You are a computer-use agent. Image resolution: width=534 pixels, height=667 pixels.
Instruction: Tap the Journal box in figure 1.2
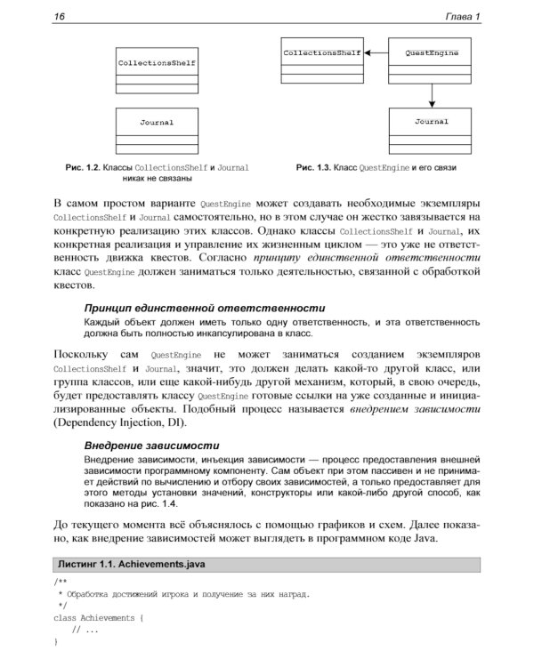pos(157,131)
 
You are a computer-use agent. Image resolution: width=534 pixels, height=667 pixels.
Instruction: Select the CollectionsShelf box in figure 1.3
pos(321,62)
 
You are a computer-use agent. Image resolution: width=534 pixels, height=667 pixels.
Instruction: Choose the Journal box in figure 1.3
pos(432,130)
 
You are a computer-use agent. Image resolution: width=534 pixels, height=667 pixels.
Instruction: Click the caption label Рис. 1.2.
pos(83,167)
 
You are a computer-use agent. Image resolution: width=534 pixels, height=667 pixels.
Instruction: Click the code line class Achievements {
pos(99,616)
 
